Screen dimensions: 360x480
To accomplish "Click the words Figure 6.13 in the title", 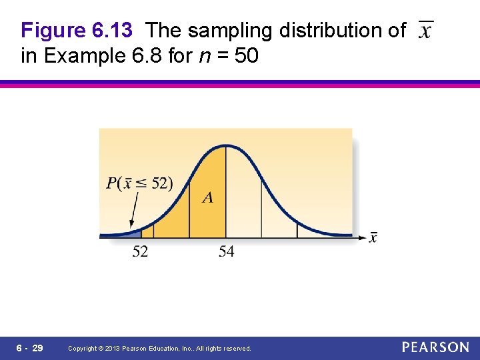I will (77, 31).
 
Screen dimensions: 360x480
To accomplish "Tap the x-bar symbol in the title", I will (425, 30).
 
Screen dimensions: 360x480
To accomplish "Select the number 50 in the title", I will (246, 56).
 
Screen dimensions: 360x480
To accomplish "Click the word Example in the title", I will (83, 56).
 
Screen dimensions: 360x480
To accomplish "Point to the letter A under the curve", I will (208, 197).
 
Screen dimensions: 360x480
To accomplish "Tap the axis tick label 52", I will (141, 251).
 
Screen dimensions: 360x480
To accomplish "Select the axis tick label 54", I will (226, 251).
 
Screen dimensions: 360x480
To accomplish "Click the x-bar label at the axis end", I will (373, 238).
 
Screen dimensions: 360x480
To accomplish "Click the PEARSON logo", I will (435, 347).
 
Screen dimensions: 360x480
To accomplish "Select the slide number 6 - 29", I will (29, 348).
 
